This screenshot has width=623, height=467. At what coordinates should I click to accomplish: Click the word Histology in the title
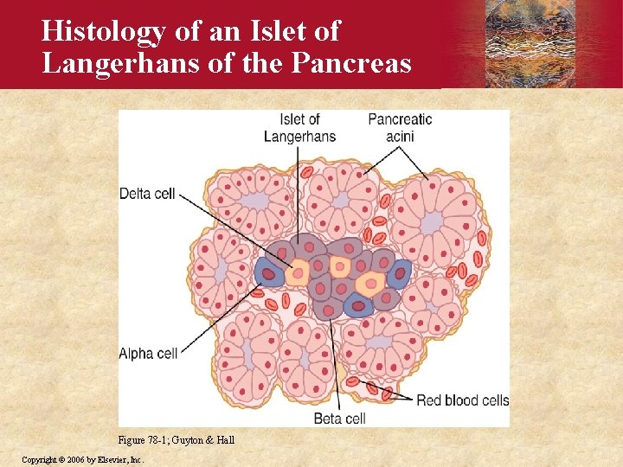coord(104,31)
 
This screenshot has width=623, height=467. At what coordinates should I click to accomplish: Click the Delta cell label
coord(147,193)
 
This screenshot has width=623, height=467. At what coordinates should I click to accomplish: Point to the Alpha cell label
coord(148,353)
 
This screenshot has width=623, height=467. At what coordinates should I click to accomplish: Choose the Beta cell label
coord(338,419)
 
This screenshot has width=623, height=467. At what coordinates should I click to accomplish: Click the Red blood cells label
coord(462,400)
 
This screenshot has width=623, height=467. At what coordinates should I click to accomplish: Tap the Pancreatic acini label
coord(400,127)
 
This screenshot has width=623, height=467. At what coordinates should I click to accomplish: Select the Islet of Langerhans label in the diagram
coord(299,127)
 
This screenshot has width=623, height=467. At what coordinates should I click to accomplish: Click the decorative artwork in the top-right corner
coord(531,43)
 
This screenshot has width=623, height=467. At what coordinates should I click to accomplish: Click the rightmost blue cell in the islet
coord(399,274)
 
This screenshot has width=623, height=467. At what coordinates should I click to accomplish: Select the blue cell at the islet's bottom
coord(357,305)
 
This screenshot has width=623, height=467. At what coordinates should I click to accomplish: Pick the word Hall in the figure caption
coord(225,440)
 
